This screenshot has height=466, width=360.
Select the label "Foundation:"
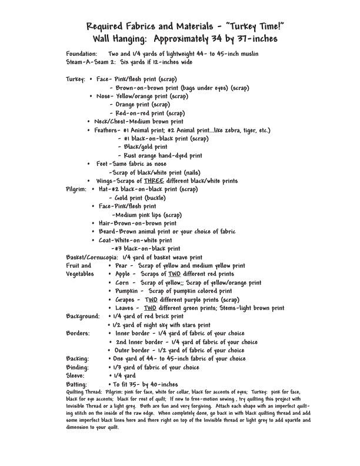[x=82, y=53]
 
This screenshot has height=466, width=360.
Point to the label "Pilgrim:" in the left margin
[x=76, y=189]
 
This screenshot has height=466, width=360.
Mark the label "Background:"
[x=83, y=316]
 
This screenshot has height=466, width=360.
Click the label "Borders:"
[x=78, y=333]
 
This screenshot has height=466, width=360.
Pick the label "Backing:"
[x=78, y=358]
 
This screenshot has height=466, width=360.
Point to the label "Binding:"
[x=78, y=367]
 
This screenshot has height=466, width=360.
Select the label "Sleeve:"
[x=76, y=375]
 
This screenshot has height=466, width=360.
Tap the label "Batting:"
[x=77, y=384]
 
